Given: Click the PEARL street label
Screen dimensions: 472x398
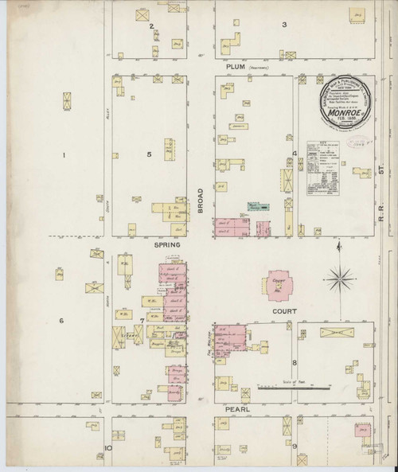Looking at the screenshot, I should click(x=238, y=408).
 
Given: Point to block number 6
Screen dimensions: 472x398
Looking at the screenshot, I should click(x=60, y=320).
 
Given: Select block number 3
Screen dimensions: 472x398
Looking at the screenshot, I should click(x=283, y=25).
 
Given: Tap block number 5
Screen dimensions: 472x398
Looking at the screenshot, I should click(x=148, y=154).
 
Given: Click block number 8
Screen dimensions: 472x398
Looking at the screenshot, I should click(x=294, y=362).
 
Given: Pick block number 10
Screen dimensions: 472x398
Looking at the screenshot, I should click(x=107, y=447).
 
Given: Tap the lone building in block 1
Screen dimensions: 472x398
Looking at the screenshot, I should click(x=66, y=101).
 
